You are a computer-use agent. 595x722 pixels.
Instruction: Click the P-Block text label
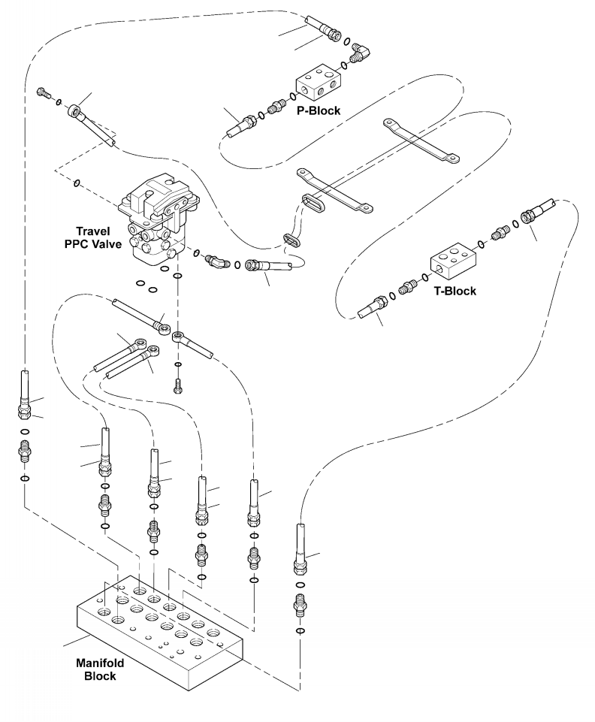[319, 110]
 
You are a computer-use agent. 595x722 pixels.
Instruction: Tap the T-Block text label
[455, 291]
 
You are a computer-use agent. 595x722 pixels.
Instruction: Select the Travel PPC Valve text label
[93, 237]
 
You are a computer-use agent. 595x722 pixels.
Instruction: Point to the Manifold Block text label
[100, 669]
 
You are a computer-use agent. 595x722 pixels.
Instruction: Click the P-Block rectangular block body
[318, 83]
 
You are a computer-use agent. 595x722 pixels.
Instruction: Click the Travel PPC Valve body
[159, 216]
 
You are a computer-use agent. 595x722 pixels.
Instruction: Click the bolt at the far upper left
[44, 92]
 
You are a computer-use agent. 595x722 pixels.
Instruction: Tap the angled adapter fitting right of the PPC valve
[216, 261]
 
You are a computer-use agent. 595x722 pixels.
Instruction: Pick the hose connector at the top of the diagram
[323, 28]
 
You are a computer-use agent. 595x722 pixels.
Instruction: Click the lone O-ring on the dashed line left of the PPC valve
[77, 183]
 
